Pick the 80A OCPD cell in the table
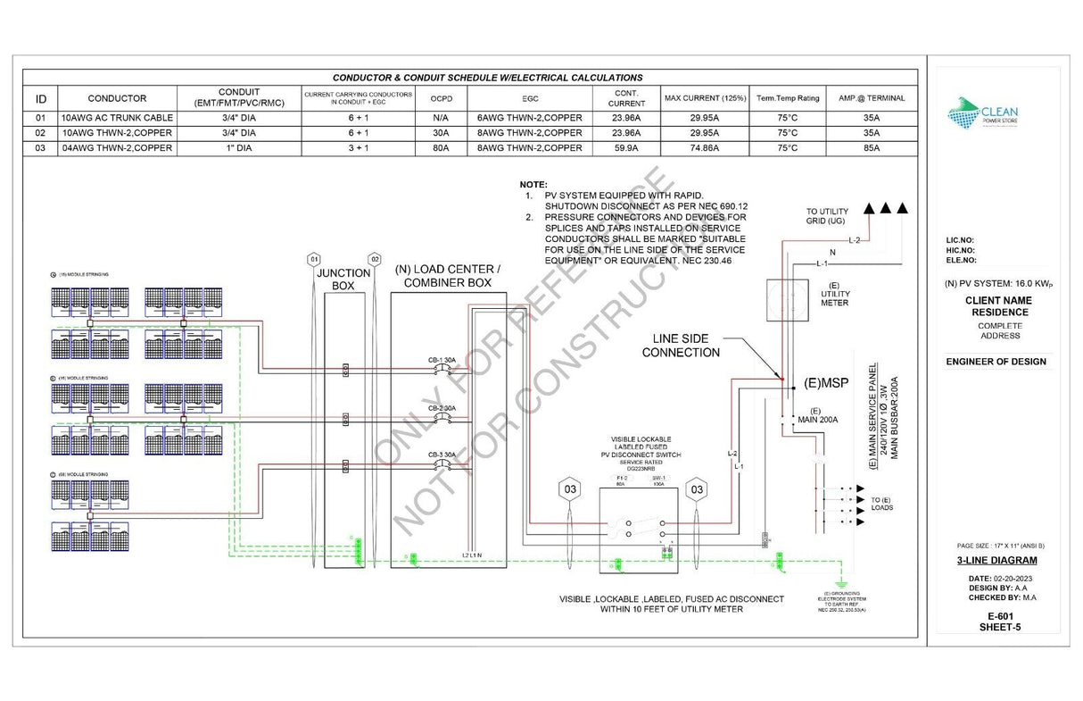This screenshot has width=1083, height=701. [440, 148]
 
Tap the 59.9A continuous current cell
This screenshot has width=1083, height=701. [626, 148]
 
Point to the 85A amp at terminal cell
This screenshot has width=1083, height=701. [871, 148]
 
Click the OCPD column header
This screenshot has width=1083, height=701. [440, 98]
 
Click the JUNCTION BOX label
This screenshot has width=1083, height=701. [343, 280]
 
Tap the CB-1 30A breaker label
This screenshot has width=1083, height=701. [442, 360]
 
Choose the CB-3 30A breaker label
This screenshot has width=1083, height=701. [442, 455]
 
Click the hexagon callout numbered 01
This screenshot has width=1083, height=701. [313, 259]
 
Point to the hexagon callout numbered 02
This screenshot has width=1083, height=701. [375, 259]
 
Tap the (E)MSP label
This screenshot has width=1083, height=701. [824, 383]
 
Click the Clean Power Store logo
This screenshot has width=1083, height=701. [981, 113]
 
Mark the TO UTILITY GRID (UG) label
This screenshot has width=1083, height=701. [828, 215]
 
